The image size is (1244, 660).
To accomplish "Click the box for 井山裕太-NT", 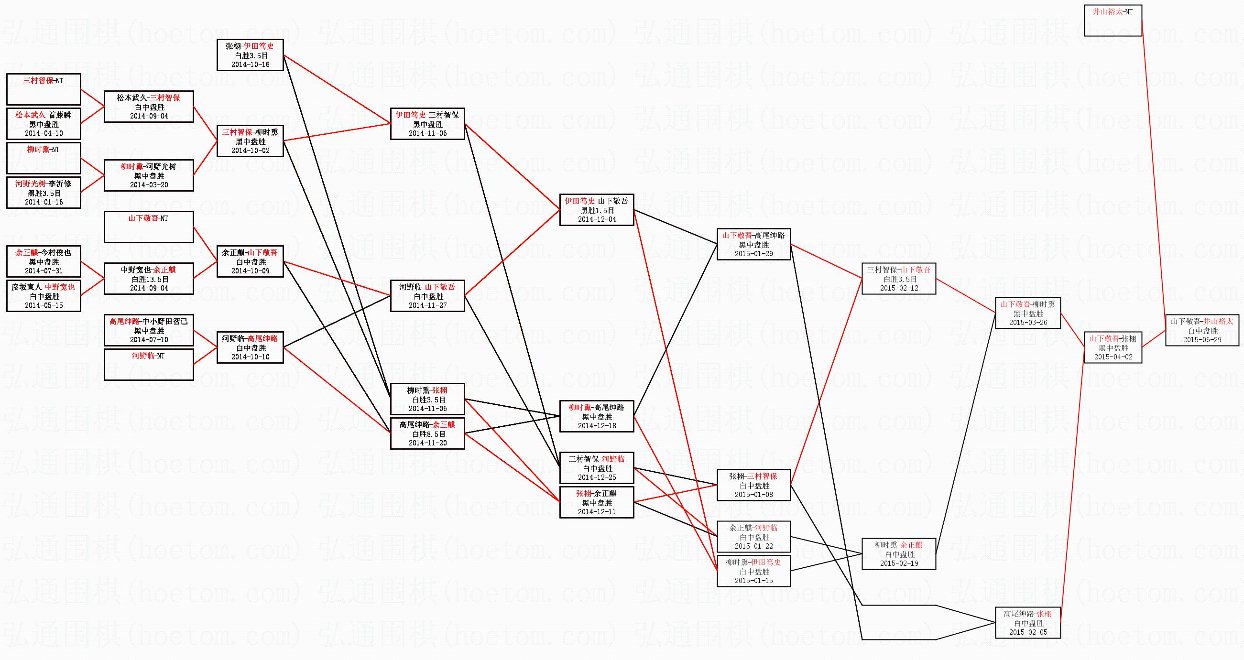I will click(1113, 20).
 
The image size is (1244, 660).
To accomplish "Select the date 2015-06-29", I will click(1202, 340).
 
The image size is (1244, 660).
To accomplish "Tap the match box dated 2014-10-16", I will click(250, 55).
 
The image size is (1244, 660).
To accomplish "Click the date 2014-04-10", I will click(44, 133).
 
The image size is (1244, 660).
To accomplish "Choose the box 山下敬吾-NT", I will click(149, 227).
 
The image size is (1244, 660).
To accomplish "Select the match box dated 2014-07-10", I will click(149, 331).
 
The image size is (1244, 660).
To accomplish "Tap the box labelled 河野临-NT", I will click(149, 365).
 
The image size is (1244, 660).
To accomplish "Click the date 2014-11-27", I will click(427, 305).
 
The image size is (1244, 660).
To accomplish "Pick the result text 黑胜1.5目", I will click(597, 210).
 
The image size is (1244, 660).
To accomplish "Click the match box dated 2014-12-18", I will click(596, 416).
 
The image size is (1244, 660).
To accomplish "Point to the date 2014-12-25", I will click(597, 477).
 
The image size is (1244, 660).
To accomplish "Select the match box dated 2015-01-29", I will click(753, 244).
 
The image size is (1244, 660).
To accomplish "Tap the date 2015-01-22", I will click(753, 546).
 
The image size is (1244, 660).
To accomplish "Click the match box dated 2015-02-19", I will click(899, 554).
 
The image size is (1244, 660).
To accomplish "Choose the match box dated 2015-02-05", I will click(1027, 623).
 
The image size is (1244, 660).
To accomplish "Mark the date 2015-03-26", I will click(1028, 323).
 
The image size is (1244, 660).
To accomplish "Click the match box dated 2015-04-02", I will click(1113, 347).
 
